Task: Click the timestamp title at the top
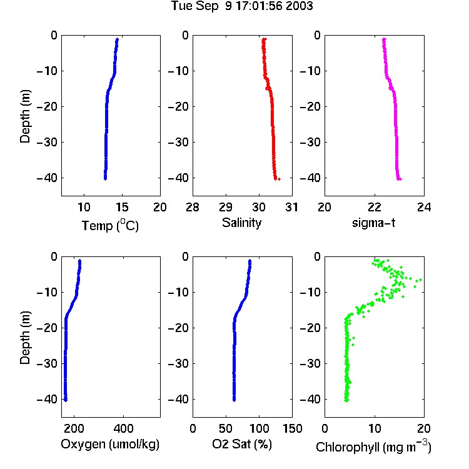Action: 241,6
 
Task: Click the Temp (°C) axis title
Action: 110,225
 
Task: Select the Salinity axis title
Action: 241,223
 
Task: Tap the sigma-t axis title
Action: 373,223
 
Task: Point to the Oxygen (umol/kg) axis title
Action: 110,445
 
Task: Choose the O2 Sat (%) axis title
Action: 241,445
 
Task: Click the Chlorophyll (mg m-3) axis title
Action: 373,446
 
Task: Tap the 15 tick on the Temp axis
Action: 122,207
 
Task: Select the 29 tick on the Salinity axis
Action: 226,207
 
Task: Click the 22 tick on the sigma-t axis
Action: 375,207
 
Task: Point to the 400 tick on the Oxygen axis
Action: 123,428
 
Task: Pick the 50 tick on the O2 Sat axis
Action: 226,428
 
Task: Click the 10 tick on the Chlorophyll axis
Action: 375,428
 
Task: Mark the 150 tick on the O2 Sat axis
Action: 292,428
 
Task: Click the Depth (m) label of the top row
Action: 25,116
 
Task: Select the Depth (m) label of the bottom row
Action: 25,338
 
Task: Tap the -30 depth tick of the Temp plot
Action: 47,143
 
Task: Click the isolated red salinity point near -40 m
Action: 279,179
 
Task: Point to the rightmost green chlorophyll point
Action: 421,280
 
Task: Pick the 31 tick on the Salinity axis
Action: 291,207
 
